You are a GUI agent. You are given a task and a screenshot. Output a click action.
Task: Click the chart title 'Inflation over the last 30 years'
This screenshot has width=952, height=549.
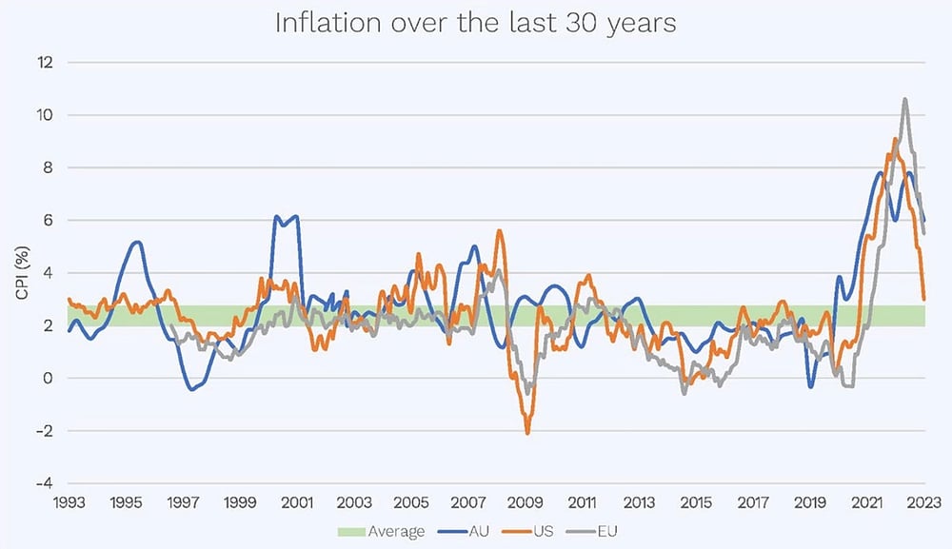(475, 24)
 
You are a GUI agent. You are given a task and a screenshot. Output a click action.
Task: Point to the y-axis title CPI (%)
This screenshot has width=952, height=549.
(23, 273)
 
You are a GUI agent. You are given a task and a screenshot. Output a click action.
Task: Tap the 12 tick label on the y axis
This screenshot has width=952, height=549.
(46, 62)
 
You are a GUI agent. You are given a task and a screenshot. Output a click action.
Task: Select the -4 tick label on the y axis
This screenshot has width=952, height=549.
(44, 483)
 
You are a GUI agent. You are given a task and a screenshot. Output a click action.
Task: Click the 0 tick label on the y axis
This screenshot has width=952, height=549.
(49, 378)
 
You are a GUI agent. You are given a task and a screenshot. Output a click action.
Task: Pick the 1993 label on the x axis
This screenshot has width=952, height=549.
(69, 502)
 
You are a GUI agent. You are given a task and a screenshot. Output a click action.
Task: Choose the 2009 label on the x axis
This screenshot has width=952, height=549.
(526, 502)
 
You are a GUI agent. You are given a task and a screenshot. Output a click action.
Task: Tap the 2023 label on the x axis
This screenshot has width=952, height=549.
(924, 502)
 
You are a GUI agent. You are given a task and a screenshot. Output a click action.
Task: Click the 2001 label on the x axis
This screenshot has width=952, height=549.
(297, 502)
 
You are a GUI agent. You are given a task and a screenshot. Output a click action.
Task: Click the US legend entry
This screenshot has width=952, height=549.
(528, 532)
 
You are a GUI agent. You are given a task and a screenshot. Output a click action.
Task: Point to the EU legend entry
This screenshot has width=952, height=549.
(592, 532)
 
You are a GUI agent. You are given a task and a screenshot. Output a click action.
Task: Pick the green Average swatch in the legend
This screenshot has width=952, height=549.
(352, 532)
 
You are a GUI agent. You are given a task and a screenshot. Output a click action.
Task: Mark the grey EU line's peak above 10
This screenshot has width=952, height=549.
(904, 99)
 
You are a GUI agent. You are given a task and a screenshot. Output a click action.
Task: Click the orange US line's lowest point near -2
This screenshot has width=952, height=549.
(527, 433)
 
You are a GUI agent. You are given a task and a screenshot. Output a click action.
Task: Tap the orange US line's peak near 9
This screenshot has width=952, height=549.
(895, 139)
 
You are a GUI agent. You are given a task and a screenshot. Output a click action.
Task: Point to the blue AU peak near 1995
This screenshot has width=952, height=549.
(137, 242)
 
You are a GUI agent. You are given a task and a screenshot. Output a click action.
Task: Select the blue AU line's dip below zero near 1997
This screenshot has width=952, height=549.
(192, 389)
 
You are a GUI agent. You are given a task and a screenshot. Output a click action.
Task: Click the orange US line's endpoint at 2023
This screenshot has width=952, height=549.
(923, 299)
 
